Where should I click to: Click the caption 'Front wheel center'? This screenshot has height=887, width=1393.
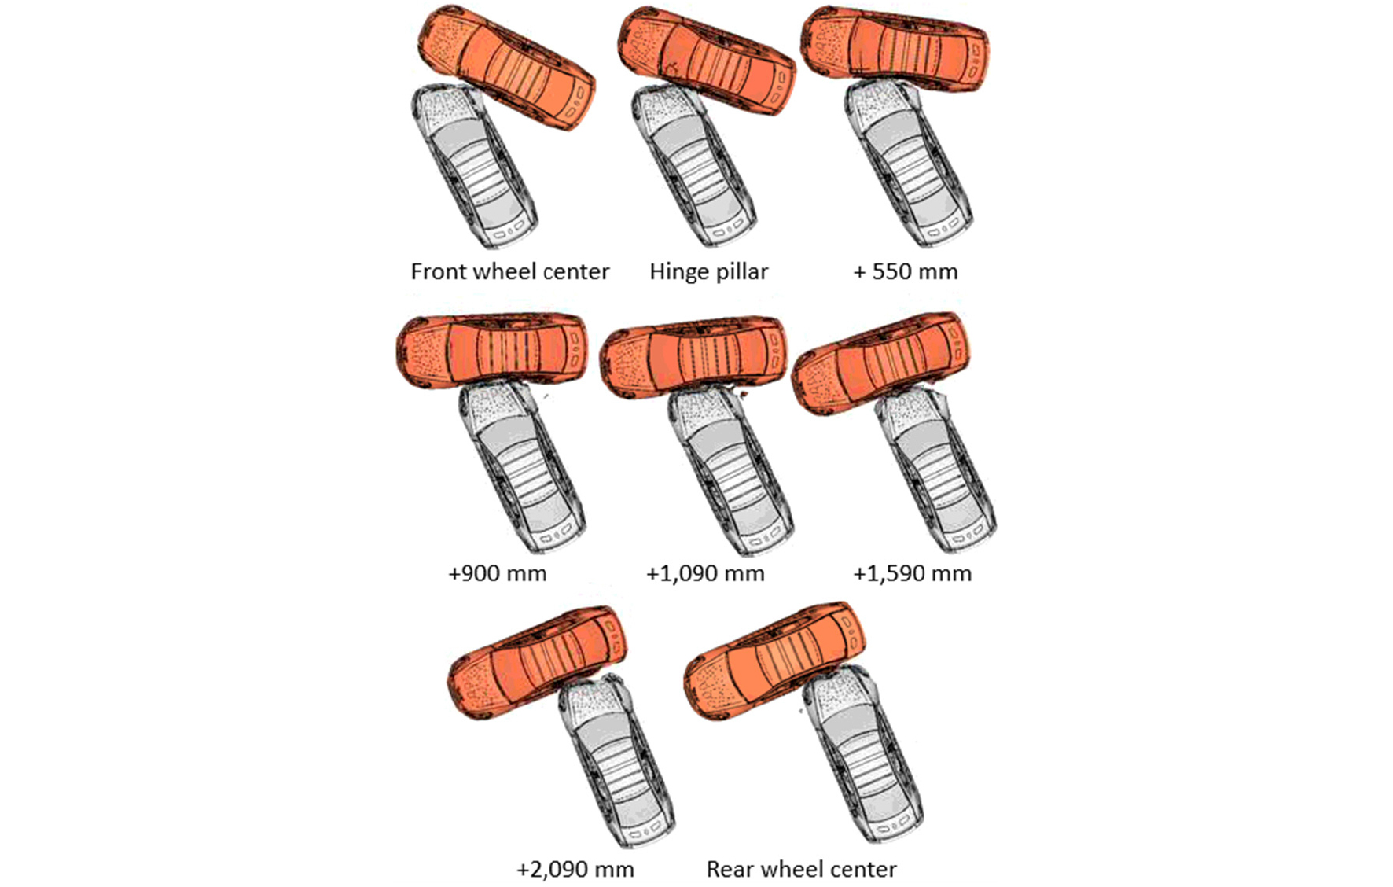click(509, 272)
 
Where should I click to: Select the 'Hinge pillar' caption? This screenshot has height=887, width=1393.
click(708, 272)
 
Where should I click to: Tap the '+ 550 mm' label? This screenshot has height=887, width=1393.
click(906, 272)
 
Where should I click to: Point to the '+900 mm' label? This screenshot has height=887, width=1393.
click(497, 573)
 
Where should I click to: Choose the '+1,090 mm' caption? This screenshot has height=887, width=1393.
click(705, 574)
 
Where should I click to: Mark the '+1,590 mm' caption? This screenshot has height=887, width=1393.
click(912, 574)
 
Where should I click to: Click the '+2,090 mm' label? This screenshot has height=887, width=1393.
click(575, 870)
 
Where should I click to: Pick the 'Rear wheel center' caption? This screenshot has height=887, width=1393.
click(801, 869)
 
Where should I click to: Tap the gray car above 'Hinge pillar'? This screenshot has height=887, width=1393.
click(693, 165)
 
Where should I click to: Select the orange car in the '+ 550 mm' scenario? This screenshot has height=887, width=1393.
click(895, 48)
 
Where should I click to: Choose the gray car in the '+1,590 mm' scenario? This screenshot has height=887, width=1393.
click(935, 469)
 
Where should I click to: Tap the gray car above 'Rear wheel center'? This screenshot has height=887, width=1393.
click(865, 755)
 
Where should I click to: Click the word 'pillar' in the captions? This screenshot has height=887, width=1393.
click(741, 272)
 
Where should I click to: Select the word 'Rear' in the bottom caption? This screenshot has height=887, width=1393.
click(730, 869)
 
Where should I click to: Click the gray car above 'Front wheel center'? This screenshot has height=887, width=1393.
click(475, 167)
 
